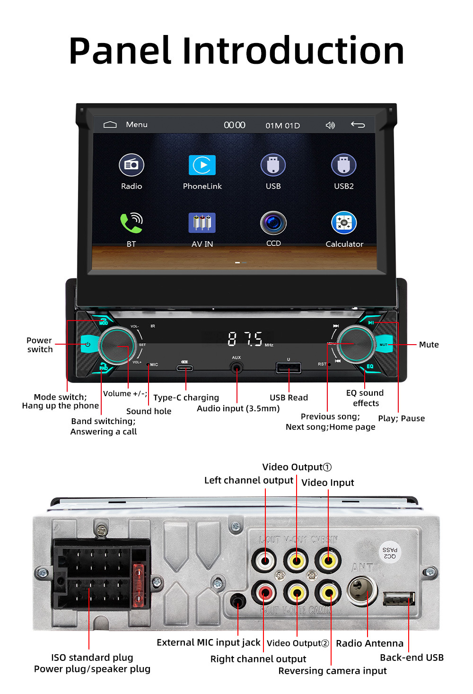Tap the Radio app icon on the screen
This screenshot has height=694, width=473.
[131, 165]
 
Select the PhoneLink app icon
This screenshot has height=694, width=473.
[202, 165]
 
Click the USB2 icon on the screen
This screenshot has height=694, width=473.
[343, 165]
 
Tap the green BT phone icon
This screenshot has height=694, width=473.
[131, 223]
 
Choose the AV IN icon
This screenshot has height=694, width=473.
[202, 223]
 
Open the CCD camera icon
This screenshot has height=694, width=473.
[273, 223]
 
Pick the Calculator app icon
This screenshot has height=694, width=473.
[344, 223]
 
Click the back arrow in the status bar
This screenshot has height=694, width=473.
[358, 125]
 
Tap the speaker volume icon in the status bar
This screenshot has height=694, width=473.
[330, 125]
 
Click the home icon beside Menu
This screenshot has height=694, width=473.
[110, 125]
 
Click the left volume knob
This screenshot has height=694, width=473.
[117, 346]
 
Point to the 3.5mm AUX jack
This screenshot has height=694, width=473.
[236, 367]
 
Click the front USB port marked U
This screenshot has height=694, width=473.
[289, 367]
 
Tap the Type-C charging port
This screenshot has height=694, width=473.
[184, 368]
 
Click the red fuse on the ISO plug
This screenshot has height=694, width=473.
[139, 585]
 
